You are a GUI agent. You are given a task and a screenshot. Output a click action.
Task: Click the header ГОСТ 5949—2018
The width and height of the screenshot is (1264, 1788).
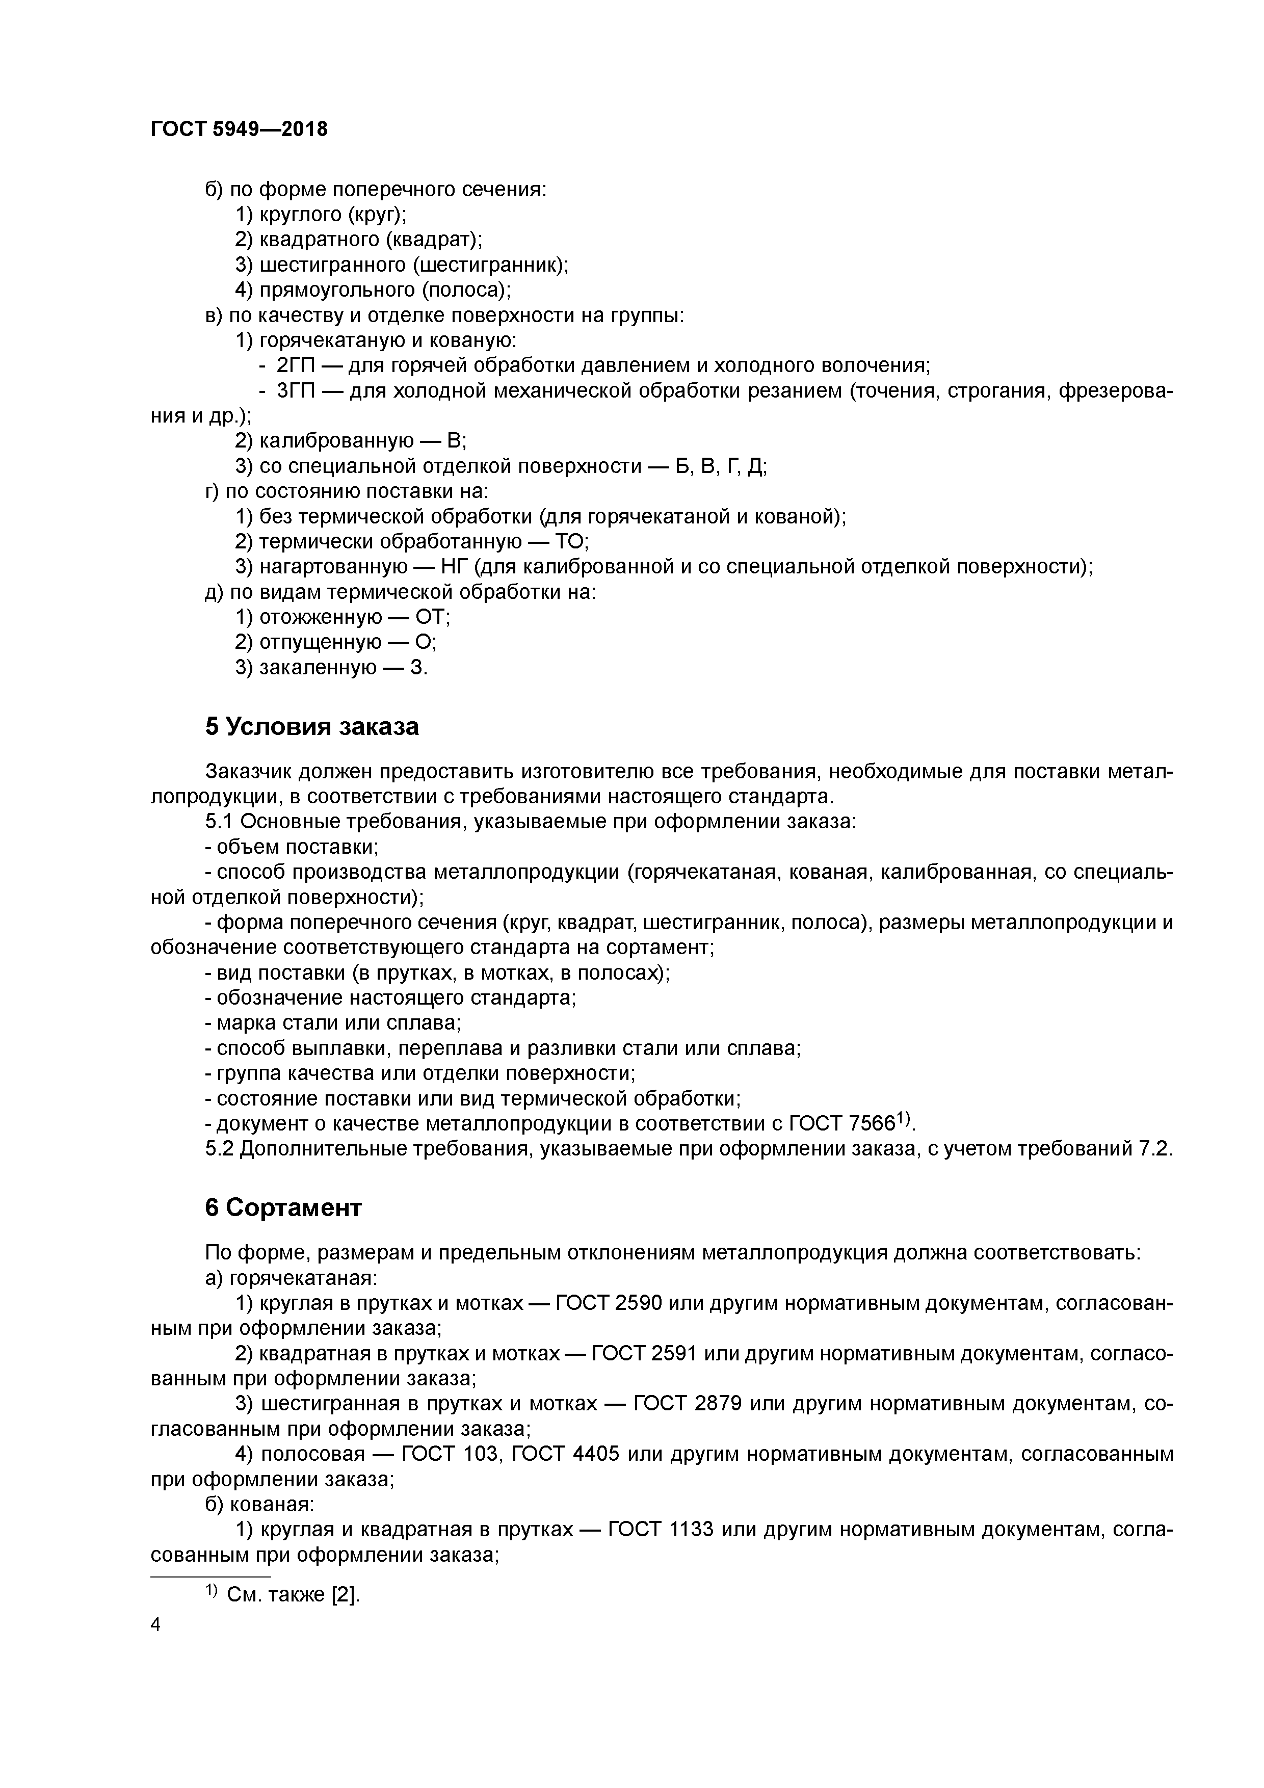tap(239, 129)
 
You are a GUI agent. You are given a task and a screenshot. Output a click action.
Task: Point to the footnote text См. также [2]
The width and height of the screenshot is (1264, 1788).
tap(293, 1594)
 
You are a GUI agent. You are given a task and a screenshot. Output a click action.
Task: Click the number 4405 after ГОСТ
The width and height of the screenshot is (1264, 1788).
tap(596, 1454)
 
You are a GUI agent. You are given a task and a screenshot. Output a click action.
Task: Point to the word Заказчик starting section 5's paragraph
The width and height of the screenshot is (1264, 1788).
tap(248, 772)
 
